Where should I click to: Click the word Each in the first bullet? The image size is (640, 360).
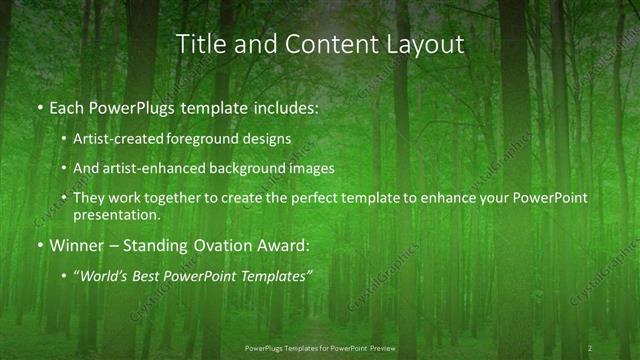pyautogui.click(x=67, y=105)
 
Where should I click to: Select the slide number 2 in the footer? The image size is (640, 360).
pyautogui.click(x=590, y=347)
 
